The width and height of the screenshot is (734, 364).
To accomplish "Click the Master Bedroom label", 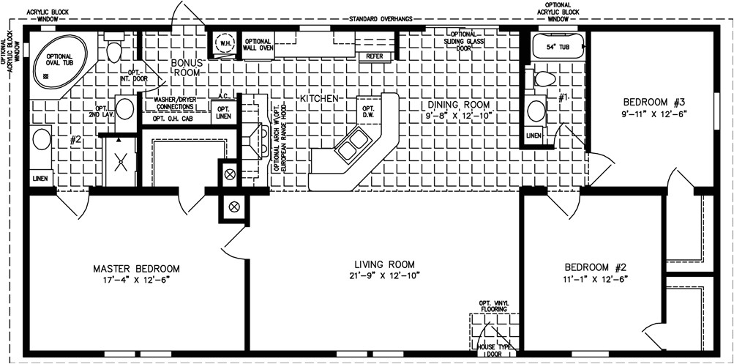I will point(136,269).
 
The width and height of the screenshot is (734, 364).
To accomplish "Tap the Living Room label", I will point(384,264).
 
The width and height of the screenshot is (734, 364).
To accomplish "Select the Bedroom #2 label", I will point(596,267).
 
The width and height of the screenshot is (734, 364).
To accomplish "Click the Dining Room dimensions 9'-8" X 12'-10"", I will point(459,115).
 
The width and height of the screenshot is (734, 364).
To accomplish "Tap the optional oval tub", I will point(59,60).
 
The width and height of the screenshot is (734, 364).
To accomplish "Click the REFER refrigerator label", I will point(375,56).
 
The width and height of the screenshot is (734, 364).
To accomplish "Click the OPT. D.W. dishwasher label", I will point(369,111).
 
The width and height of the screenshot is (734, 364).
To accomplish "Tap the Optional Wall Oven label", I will point(258,45).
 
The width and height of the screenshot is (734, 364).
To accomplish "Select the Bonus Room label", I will point(186,68).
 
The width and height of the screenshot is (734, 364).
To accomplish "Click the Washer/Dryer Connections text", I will point(181,103).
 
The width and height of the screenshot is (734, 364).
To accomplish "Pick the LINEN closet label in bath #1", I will point(533,135).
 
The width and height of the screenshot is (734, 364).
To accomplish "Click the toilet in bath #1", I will point(544,78).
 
